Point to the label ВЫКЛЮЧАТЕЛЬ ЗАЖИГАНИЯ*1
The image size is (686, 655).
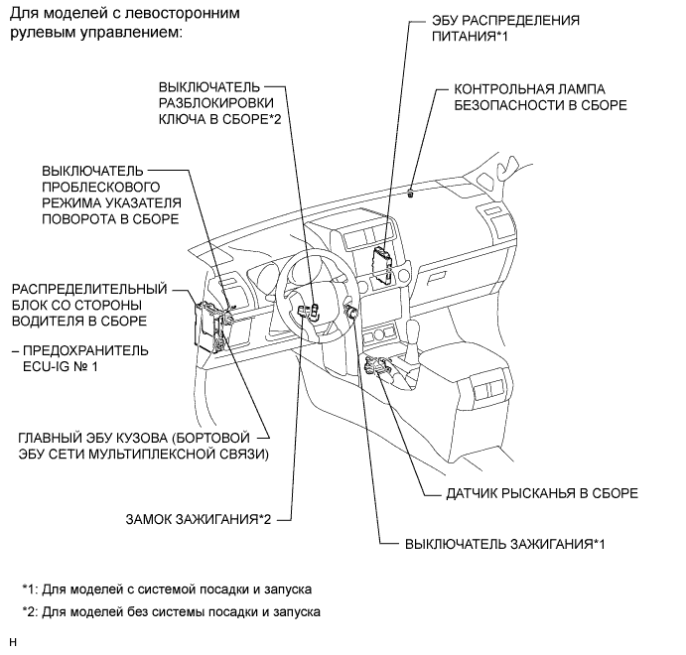pyautogui.click(x=504, y=544)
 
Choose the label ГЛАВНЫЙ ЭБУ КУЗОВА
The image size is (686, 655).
pyautogui.click(x=145, y=446)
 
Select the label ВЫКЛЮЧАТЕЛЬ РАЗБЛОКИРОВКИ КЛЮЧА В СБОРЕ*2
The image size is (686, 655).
pyautogui.click(x=214, y=102)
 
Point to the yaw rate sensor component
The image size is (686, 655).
pyautogui.click(x=378, y=368)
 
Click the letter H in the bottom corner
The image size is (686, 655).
pyautogui.click(x=12, y=643)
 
